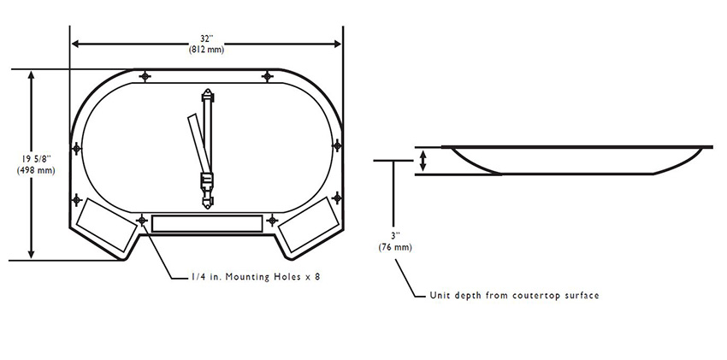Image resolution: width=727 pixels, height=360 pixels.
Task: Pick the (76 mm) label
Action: pos(394,247)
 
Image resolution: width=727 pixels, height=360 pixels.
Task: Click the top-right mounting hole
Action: pos(269,77)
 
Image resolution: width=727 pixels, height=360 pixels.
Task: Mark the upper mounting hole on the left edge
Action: pos(77,150)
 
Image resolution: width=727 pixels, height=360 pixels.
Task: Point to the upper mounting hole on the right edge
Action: pos(336,150)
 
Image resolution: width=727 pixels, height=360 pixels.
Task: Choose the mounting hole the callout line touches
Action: pos(141,220)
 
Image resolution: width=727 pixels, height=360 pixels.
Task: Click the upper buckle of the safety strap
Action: pos(206,98)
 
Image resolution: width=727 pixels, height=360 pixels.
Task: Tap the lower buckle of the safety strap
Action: pos(206,182)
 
